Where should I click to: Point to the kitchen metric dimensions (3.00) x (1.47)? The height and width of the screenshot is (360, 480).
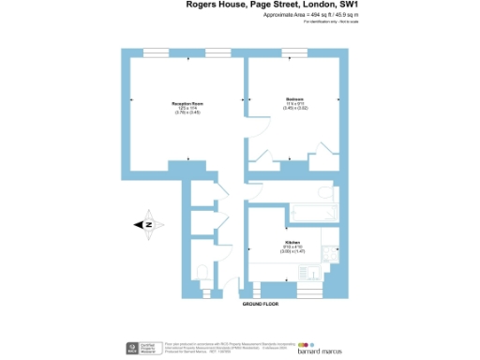click(x=292, y=251)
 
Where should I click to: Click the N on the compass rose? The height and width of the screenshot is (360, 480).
click(x=147, y=225)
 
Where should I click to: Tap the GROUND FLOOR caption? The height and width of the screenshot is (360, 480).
click(x=262, y=305)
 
